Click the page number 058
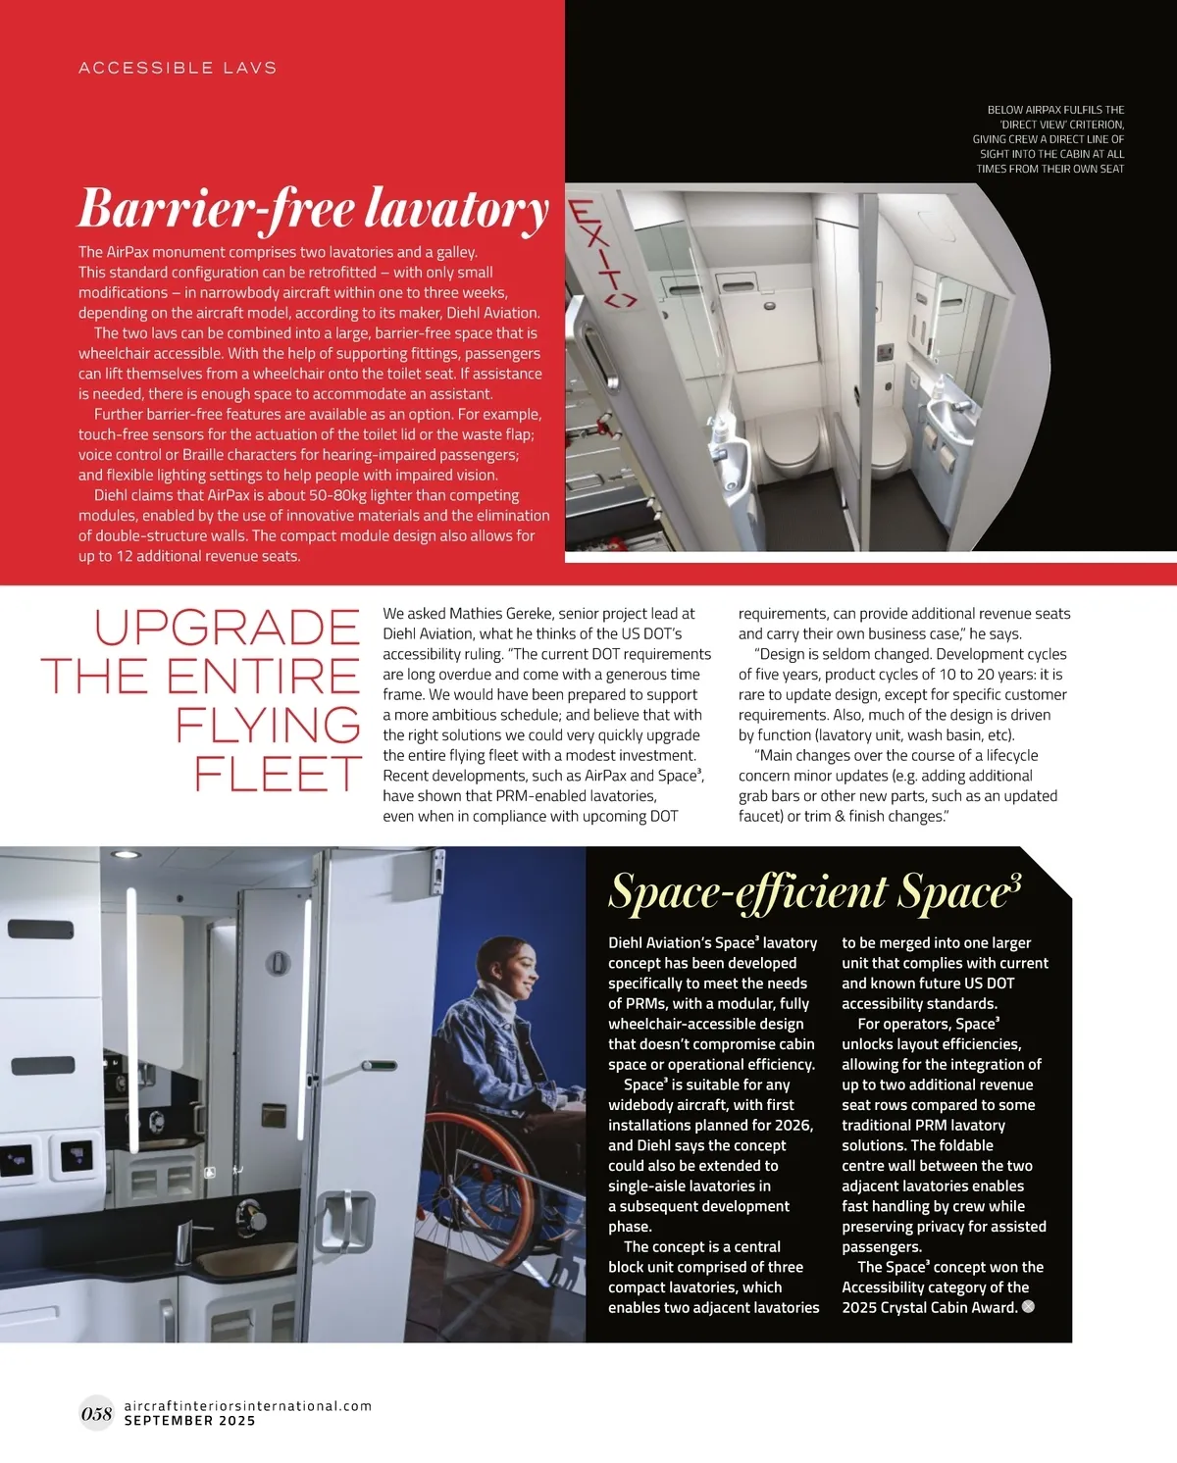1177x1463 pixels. tap(96, 1413)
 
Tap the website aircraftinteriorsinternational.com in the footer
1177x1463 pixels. tap(248, 1405)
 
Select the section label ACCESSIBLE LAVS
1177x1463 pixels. tap(178, 68)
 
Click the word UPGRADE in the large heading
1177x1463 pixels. tap(228, 629)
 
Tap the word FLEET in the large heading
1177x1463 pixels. tap(279, 774)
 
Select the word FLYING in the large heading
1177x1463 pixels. tap(268, 726)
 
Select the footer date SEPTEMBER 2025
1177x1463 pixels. tap(189, 1421)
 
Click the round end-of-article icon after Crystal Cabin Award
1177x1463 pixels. tap(1028, 1306)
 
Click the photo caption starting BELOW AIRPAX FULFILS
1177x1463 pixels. tap(1049, 139)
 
